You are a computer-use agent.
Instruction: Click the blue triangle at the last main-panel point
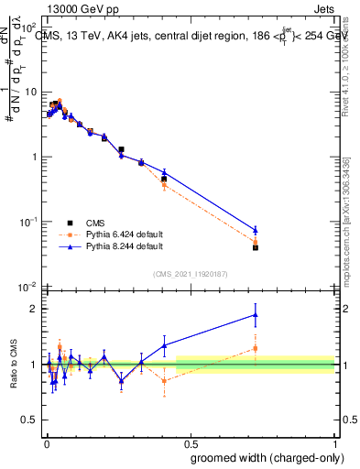[x=256, y=229]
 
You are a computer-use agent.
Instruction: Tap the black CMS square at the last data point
[x=256, y=247]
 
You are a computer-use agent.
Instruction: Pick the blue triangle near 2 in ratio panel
[x=256, y=315]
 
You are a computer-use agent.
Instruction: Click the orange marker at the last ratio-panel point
[x=256, y=348]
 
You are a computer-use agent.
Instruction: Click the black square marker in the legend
[x=70, y=223]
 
